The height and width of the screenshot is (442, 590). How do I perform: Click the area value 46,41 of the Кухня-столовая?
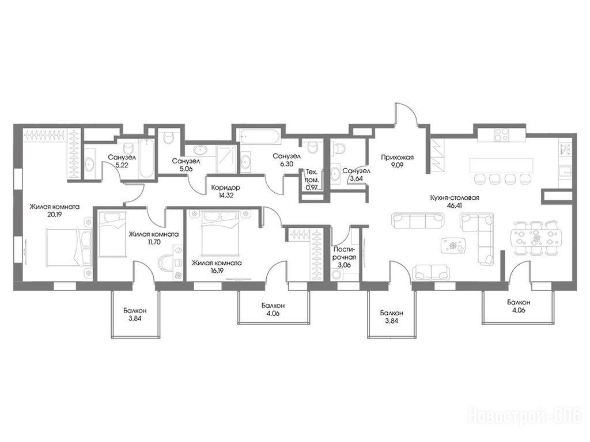point(455,205)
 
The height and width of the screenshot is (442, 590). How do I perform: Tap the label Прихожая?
point(397,158)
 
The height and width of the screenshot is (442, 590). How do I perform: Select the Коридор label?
point(225,187)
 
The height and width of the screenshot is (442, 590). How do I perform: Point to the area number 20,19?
point(54,215)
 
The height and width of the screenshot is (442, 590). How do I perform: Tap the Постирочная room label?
point(345,254)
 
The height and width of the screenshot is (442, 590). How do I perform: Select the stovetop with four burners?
point(501,135)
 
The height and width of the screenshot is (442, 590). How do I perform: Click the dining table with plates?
point(536,238)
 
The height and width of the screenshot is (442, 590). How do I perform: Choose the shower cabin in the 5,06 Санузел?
point(227,159)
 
